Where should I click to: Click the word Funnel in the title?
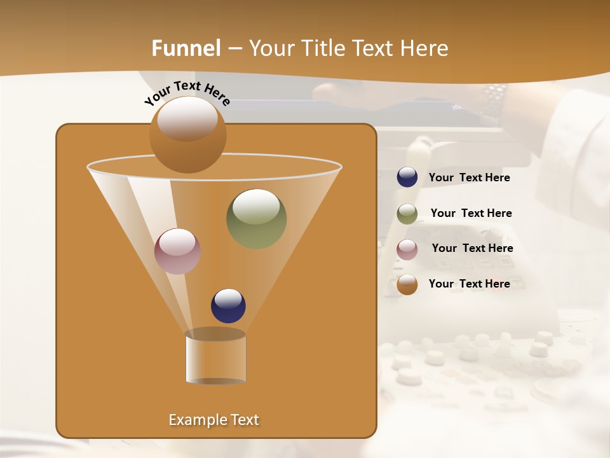[186, 48]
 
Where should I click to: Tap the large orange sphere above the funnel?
[187, 134]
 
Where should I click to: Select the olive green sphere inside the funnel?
[256, 218]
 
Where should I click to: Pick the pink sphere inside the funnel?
[177, 251]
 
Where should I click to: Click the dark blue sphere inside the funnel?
[228, 306]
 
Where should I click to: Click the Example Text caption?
[213, 420]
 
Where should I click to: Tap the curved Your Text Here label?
[187, 93]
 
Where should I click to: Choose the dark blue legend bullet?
[407, 177]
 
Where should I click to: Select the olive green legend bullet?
[407, 213]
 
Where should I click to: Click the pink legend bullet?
[407, 249]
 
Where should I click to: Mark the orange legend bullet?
[407, 284]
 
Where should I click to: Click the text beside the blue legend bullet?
[469, 178]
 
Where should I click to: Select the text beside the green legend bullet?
[471, 213]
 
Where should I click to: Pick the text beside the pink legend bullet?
[472, 248]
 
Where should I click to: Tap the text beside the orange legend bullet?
[469, 284]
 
